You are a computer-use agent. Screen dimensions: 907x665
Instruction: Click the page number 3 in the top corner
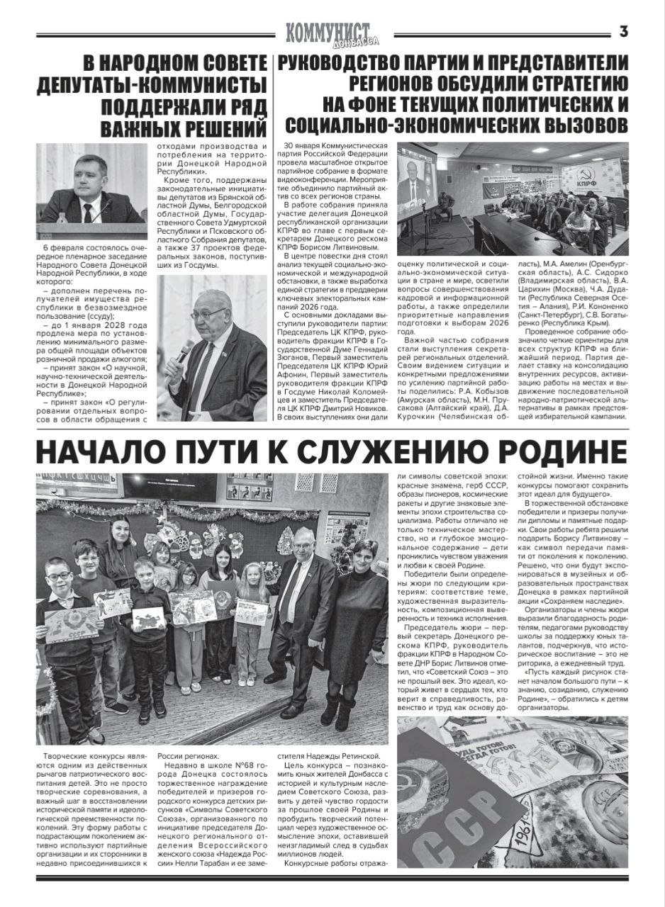pyautogui.click(x=624, y=31)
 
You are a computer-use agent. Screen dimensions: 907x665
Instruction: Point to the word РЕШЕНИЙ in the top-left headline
pyautogui.click(x=221, y=129)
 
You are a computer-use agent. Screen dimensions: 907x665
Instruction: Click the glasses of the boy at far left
pyautogui.click(x=60, y=575)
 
